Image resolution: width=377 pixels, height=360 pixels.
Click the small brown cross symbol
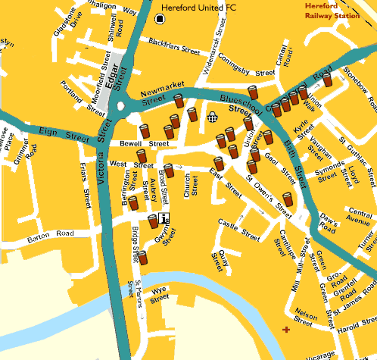285,329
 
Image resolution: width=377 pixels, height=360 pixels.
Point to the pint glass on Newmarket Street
179,102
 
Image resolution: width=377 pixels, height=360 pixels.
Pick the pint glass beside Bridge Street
142,258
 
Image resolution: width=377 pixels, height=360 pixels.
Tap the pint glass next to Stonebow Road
327,80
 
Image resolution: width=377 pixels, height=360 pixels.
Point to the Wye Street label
159,294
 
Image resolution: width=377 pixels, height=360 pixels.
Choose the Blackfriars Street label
173,47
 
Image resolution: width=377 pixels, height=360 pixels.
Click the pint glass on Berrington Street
133,203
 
